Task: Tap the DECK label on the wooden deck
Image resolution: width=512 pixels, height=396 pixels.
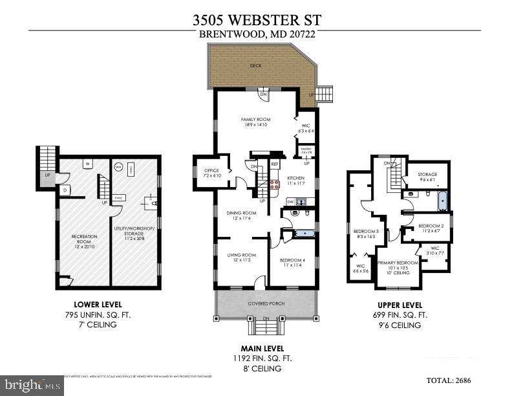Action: (x=255, y=66)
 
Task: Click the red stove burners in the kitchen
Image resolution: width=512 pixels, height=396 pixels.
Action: (x=273, y=184)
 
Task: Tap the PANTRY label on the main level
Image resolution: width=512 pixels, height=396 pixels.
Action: (x=306, y=150)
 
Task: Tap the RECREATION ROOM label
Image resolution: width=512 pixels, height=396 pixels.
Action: (x=84, y=239)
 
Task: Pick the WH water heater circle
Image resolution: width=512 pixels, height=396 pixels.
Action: (x=118, y=166)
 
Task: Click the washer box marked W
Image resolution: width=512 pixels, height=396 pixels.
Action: (x=86, y=164)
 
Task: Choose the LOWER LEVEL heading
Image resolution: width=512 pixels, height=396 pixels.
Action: (x=98, y=304)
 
